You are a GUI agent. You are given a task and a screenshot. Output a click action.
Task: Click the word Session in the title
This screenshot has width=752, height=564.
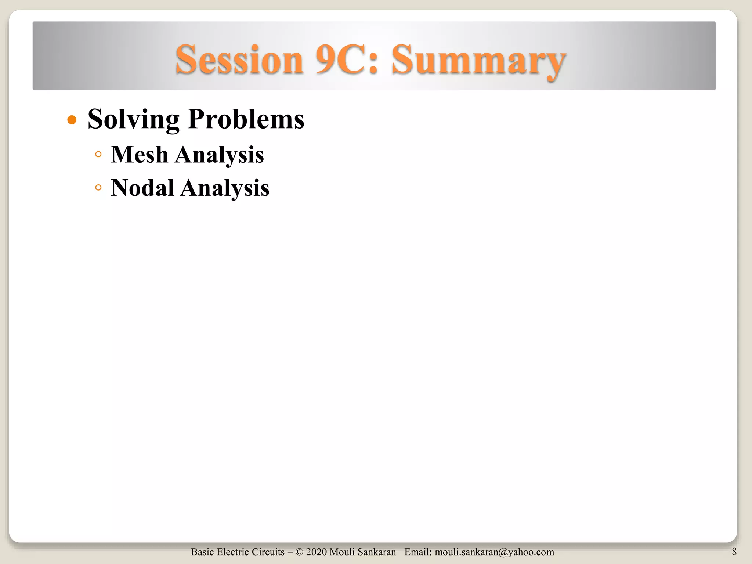pos(239,60)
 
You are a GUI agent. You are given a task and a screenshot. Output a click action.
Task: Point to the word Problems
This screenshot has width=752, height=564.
pos(246,119)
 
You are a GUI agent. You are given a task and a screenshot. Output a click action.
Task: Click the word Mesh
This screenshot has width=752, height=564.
pos(140,155)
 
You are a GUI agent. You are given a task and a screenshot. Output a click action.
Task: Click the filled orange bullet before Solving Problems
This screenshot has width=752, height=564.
pos(72,120)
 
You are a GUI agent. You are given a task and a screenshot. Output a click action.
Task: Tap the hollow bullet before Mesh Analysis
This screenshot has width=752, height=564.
pos(98,155)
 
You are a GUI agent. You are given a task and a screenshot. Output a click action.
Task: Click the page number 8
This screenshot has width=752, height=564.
pos(734,552)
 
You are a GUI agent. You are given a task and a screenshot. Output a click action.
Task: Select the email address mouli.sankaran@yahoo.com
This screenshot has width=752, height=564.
pos(494,552)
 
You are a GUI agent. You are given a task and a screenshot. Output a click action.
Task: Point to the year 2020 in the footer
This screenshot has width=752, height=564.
pos(316,552)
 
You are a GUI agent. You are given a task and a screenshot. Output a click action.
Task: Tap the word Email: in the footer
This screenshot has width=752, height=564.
pos(418,552)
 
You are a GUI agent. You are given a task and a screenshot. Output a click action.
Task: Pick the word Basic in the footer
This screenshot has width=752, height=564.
pos(202,552)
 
